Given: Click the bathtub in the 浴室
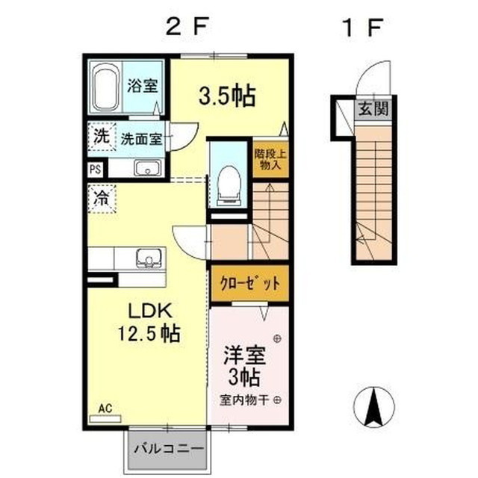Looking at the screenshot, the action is click(105, 87).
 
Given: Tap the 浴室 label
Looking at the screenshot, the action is click(143, 85).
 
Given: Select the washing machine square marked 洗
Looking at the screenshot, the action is click(102, 137).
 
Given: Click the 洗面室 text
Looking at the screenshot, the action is click(141, 139).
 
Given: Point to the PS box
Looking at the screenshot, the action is click(96, 170).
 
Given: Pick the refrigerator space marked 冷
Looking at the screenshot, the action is click(102, 199).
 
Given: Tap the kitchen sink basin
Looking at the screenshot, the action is click(149, 258).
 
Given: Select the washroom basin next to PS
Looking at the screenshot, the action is click(148, 168).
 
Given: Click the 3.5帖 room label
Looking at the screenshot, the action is click(227, 96).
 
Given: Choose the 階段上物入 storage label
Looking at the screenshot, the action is click(270, 159).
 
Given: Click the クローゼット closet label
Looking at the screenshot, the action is click(250, 284).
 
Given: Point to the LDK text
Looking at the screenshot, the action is click(149, 311).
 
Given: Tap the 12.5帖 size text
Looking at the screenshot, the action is click(149, 334).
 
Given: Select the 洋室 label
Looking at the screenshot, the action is click(245, 356).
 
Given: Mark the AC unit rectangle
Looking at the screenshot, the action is click(105, 419).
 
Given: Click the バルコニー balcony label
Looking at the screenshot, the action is click(170, 448).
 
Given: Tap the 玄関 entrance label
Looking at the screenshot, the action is click(373, 108).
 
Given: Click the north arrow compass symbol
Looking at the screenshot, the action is click(374, 406).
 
